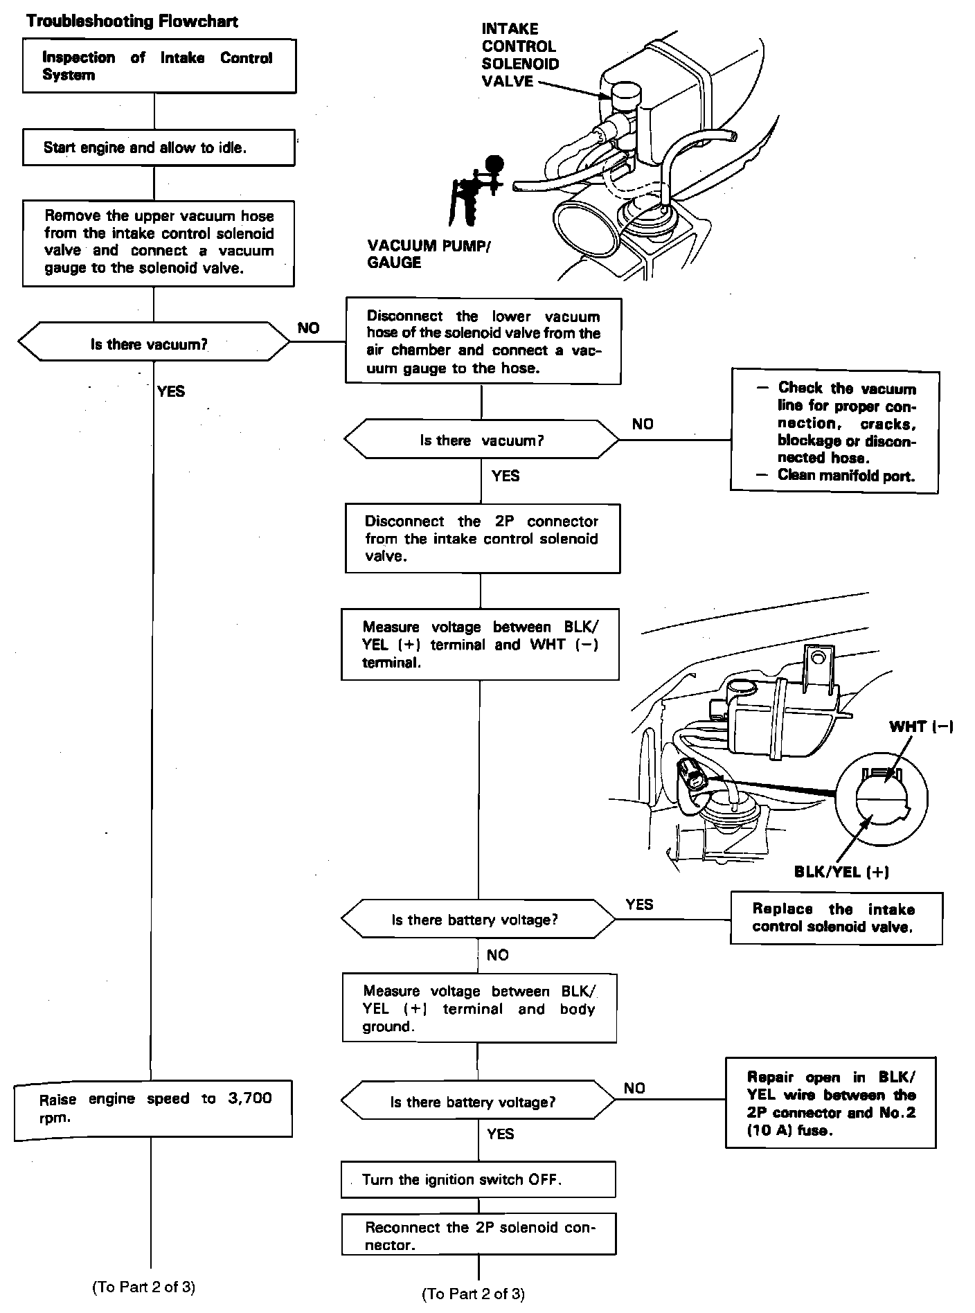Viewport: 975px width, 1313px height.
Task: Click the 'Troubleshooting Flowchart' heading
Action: pyautogui.click(x=132, y=21)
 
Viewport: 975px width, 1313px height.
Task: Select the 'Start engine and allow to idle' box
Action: pyautogui.click(x=159, y=148)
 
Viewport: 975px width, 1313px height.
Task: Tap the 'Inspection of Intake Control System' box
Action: pyautogui.click(x=159, y=66)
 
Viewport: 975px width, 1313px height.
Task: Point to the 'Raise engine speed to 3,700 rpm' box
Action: pyautogui.click(x=153, y=1108)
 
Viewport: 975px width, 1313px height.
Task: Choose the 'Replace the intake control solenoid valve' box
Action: pyautogui.click(x=836, y=919)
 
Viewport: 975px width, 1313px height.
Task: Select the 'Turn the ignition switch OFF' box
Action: pyautogui.click(x=478, y=1179)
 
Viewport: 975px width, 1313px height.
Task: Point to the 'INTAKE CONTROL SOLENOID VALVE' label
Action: pyautogui.click(x=519, y=55)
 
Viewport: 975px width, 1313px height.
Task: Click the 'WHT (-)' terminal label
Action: pyautogui.click(x=921, y=726)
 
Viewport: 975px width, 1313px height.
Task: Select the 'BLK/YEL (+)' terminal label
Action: pyautogui.click(x=841, y=872)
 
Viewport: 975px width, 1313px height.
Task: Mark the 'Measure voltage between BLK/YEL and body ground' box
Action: pyautogui.click(x=479, y=1008)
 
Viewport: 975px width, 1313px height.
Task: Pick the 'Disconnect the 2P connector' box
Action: pyautogui.click(x=483, y=539)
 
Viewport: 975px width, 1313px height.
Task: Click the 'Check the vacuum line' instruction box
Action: pyautogui.click(x=834, y=431)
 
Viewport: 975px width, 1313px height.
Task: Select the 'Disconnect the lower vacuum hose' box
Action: pyautogui.click(x=483, y=342)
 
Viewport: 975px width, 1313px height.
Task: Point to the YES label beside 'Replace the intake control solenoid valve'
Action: pyautogui.click(x=639, y=904)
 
